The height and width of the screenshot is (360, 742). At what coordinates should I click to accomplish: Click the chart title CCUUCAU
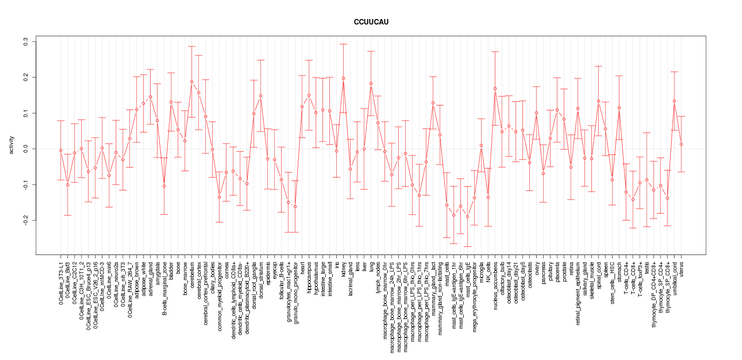click(x=371, y=22)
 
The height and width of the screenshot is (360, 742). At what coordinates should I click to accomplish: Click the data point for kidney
click(x=343, y=78)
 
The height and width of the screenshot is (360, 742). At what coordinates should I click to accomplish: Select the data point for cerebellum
click(x=192, y=81)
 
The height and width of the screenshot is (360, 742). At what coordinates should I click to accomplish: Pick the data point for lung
click(x=371, y=83)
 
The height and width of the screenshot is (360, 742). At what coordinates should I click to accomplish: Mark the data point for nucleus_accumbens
click(x=495, y=88)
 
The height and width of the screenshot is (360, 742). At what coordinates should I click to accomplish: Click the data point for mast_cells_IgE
click(x=468, y=216)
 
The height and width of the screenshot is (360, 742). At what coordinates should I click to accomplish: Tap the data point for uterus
click(x=681, y=144)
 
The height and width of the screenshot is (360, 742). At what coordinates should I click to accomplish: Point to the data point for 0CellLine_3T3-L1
click(x=61, y=150)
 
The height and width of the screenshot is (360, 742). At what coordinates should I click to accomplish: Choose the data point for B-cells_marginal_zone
click(x=164, y=186)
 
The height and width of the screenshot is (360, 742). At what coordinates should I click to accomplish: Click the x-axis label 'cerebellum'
click(x=192, y=273)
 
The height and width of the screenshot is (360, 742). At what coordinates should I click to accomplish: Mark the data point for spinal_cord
click(x=598, y=101)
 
